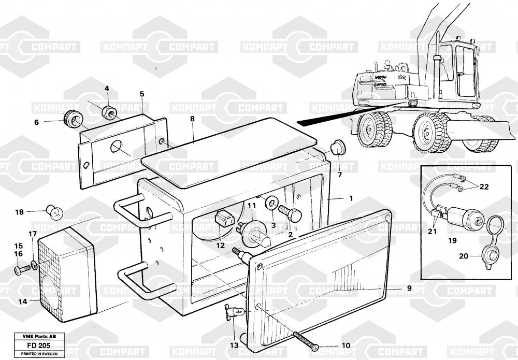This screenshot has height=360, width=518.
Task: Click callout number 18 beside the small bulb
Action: pyautogui.click(x=19, y=212)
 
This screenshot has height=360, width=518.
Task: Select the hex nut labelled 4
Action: pyautogui.click(x=109, y=110)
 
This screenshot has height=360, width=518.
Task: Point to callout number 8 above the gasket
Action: pyautogui.click(x=193, y=119)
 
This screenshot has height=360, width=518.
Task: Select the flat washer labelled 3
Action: pyautogui.click(x=271, y=204)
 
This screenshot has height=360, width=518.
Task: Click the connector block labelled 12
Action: pyautogui.click(x=223, y=219)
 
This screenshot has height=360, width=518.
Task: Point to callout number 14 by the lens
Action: pyautogui.click(x=22, y=300)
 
